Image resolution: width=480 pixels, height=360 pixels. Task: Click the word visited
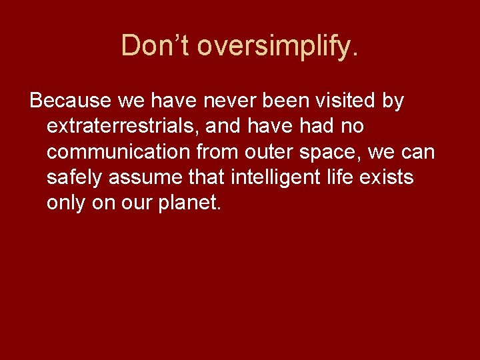click(336, 101)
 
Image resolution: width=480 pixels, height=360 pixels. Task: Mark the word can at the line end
click(419, 153)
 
